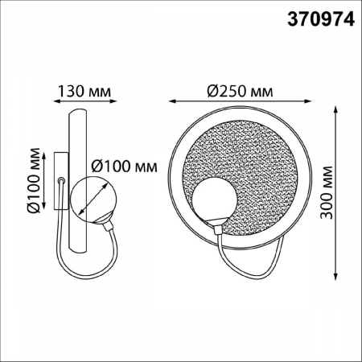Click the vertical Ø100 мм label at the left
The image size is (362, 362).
pyautogui.click(x=33, y=181)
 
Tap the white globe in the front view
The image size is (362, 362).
pyautogui.click(x=215, y=202)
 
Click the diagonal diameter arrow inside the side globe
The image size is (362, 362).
pyautogui.click(x=96, y=200)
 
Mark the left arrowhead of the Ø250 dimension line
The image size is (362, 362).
pyautogui.click(x=171, y=101)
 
